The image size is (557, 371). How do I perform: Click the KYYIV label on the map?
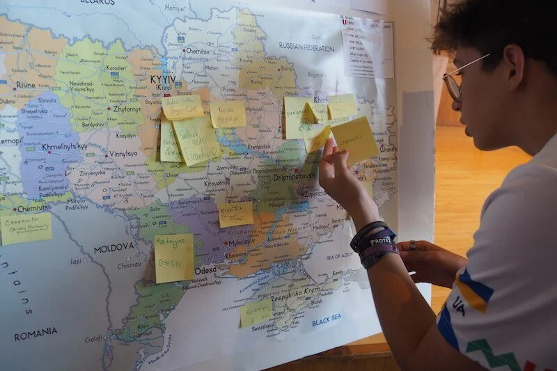[162, 80]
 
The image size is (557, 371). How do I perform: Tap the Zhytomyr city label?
[127, 109]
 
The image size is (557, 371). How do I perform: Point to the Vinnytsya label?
[123, 153]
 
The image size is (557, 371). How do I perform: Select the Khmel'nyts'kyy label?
[65, 147]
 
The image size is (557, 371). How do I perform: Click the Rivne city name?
[26, 85]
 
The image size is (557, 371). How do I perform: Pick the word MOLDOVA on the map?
[113, 247]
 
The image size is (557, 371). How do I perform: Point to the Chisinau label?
[129, 265]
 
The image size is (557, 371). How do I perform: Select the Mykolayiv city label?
[241, 244]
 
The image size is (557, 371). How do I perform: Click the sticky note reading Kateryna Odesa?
[174, 258]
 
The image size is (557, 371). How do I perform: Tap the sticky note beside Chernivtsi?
[26, 228]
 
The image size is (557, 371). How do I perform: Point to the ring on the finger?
[412, 245]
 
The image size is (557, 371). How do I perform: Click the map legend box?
[367, 47]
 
